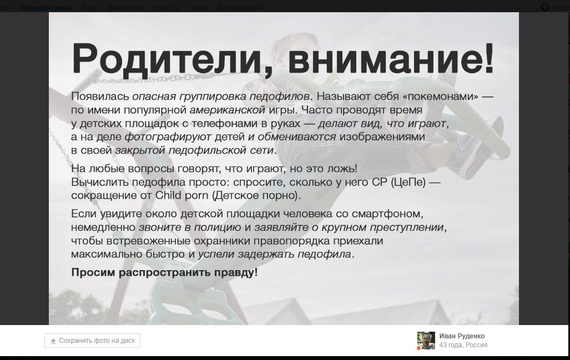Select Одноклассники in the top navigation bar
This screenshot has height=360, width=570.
tap(45, 8)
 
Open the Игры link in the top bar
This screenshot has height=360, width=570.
tap(89, 8)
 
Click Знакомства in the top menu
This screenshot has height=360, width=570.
tap(125, 8)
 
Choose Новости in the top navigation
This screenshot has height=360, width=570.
tap(165, 8)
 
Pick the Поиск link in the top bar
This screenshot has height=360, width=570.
tap(198, 8)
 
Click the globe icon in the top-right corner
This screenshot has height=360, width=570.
tap(544, 8)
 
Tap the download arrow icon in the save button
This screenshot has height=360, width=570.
tap(53, 341)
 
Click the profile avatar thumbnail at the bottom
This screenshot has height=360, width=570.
tap(426, 341)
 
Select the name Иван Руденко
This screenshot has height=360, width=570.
tap(462, 336)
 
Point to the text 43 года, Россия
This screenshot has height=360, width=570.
tap(463, 345)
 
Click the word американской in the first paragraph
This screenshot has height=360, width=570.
tap(221, 110)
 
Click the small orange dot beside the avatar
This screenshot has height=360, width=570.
tap(418, 348)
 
